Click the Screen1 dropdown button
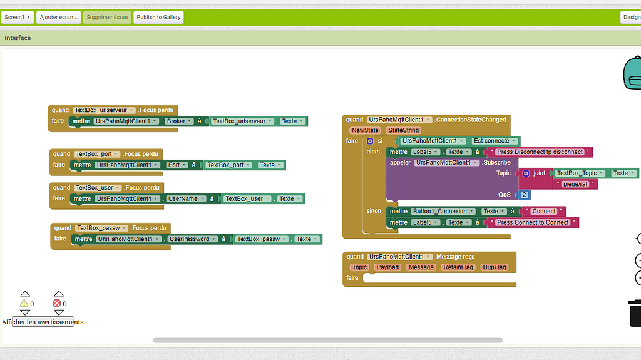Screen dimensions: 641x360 pyautogui.click(x=17, y=17)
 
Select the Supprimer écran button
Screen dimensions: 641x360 pyautogui.click(x=107, y=17)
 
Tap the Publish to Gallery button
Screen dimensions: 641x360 pyautogui.click(x=158, y=17)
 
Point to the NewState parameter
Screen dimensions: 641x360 pyautogui.click(x=365, y=130)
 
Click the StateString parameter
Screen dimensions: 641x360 pyautogui.click(x=403, y=130)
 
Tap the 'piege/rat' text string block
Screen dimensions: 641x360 pyautogui.click(x=575, y=184)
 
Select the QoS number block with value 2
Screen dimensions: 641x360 pyautogui.click(x=524, y=195)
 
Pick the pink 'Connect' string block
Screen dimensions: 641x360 pyautogui.click(x=544, y=212)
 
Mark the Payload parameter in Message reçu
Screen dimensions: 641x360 pyautogui.click(x=387, y=267)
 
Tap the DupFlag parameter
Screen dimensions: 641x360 pyautogui.click(x=495, y=267)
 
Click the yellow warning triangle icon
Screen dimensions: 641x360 pyautogui.click(x=24, y=303)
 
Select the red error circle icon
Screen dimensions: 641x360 pyautogui.click(x=58, y=303)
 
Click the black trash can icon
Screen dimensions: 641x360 pyautogui.click(x=635, y=313)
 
